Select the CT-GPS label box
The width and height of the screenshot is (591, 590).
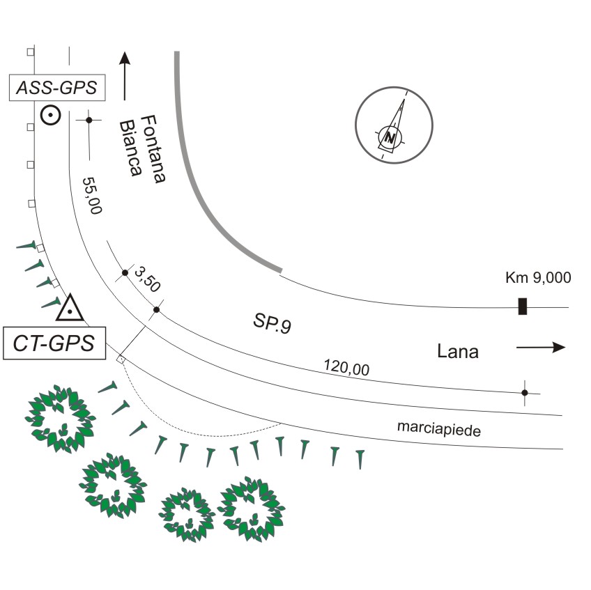54,343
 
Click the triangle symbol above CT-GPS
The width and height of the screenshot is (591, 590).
70,307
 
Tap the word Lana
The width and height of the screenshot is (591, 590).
457,351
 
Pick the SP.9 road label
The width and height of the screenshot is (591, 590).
272,325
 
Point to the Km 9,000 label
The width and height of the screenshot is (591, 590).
537,278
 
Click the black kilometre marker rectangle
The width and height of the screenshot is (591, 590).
522,306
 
